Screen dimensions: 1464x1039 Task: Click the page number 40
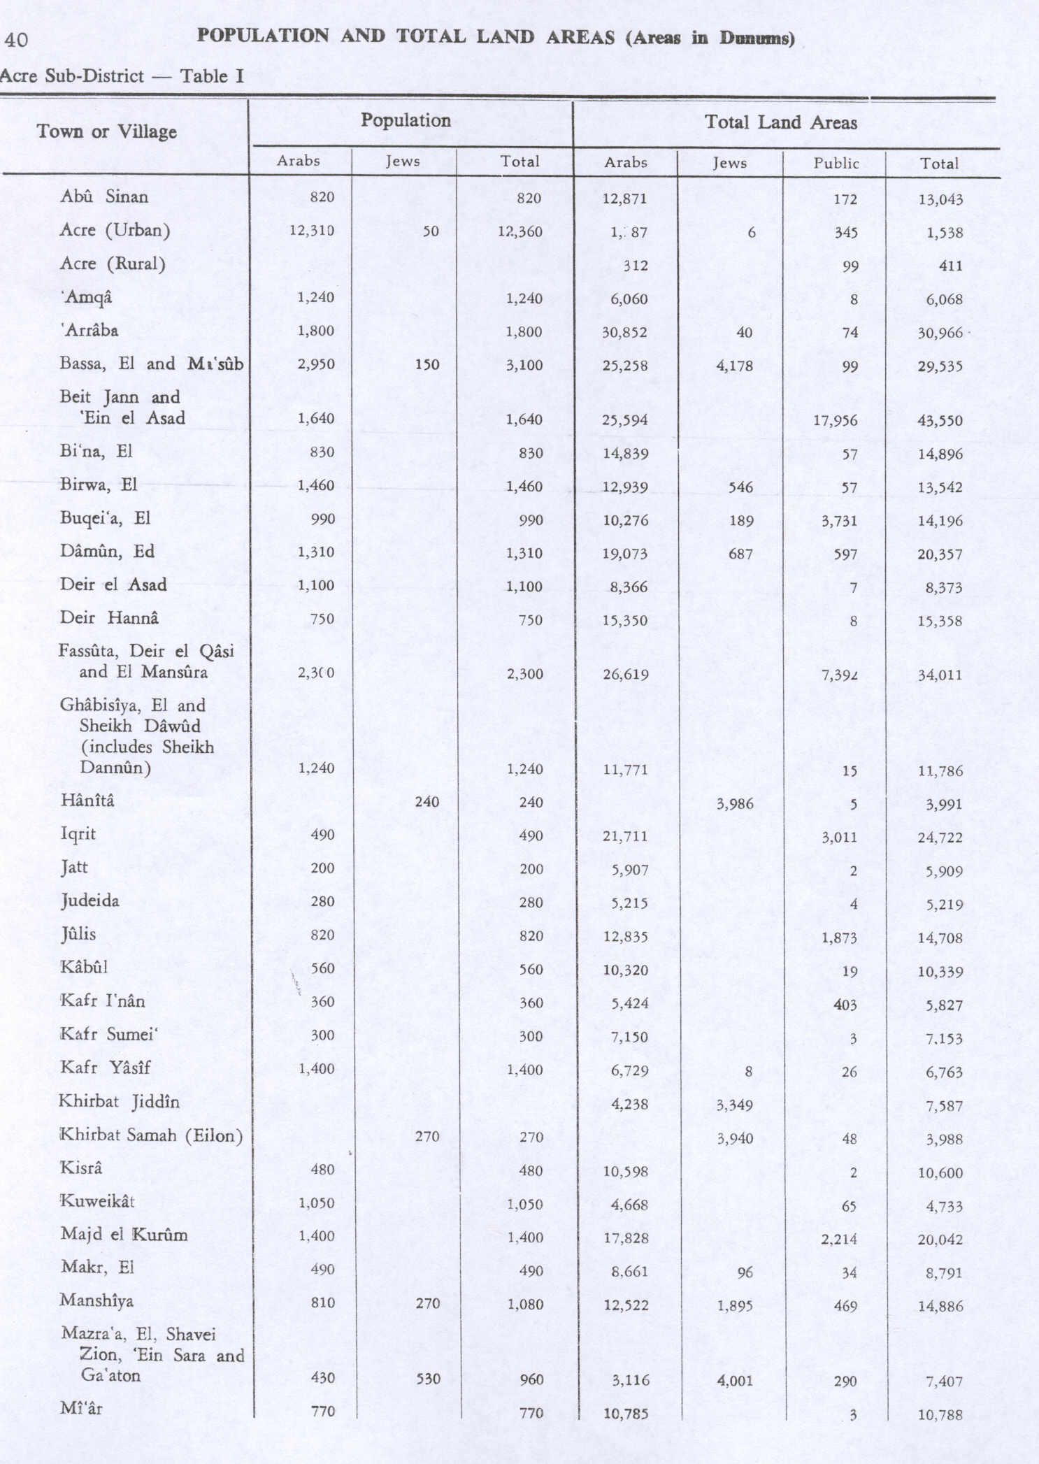click(16, 40)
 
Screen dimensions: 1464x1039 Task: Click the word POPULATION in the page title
click(263, 36)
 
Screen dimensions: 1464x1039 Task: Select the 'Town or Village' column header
click(107, 131)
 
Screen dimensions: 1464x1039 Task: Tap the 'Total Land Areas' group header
click(780, 123)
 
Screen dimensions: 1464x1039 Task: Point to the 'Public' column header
click(836, 164)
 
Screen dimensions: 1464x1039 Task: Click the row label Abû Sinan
click(104, 196)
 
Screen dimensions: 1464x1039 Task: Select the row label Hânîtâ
click(87, 801)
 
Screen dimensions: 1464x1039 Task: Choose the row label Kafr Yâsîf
click(105, 1068)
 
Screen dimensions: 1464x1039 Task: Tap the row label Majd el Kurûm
click(124, 1235)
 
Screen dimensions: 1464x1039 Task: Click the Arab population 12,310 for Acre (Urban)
click(312, 231)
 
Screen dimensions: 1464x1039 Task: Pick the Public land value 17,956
click(836, 421)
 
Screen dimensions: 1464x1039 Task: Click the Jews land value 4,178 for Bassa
click(735, 365)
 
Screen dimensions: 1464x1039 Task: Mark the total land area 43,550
click(940, 421)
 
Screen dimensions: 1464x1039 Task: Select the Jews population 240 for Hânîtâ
click(427, 802)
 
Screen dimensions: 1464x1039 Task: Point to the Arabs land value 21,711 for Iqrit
click(626, 836)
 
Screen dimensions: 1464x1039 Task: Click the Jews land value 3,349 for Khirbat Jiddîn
click(735, 1105)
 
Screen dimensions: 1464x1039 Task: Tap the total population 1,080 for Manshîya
click(524, 1305)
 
